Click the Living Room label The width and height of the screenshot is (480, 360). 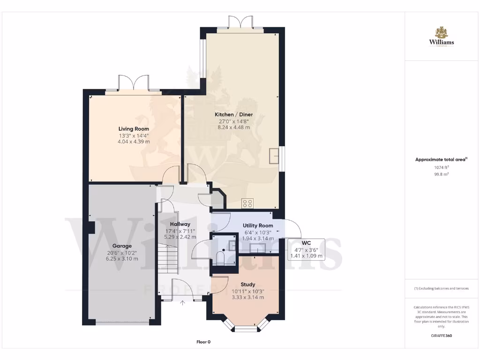click(134, 129)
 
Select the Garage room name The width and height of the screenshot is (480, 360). click(122, 246)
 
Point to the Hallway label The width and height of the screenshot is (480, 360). click(180, 224)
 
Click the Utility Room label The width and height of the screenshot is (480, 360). click(258, 225)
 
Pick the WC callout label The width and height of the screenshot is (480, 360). click(306, 243)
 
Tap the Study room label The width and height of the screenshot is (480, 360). click(248, 285)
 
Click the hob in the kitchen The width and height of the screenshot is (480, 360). click(247, 203)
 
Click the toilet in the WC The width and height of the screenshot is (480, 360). click(220, 257)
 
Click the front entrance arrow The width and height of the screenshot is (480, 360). click(182, 302)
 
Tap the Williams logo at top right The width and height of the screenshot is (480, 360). click(441, 37)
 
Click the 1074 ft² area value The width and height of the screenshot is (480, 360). click(441, 167)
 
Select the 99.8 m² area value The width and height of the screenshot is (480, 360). click(441, 174)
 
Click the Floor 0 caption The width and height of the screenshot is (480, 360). click(203, 342)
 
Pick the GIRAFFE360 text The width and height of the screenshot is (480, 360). click(441, 336)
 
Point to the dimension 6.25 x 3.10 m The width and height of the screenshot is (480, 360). click(122, 258)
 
